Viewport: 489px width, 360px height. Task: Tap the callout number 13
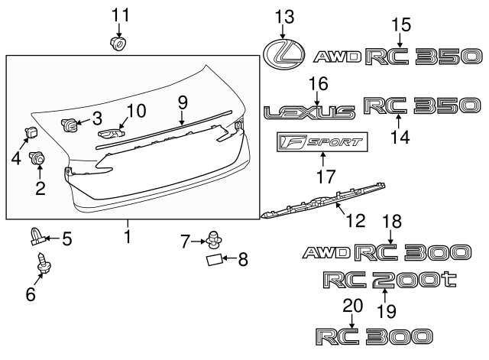coord(283,15)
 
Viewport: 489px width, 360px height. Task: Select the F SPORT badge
coord(322,141)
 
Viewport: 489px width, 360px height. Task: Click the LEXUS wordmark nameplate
coord(309,113)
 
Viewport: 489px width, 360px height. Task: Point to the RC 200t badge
coord(389,280)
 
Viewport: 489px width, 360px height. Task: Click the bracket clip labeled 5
coord(39,238)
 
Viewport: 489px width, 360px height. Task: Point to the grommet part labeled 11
coord(118,44)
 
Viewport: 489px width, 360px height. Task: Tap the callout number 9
coord(182,102)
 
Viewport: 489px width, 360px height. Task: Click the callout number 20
coord(351,305)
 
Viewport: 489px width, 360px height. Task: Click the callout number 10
coord(135,112)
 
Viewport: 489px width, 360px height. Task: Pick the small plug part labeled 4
coord(31,131)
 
